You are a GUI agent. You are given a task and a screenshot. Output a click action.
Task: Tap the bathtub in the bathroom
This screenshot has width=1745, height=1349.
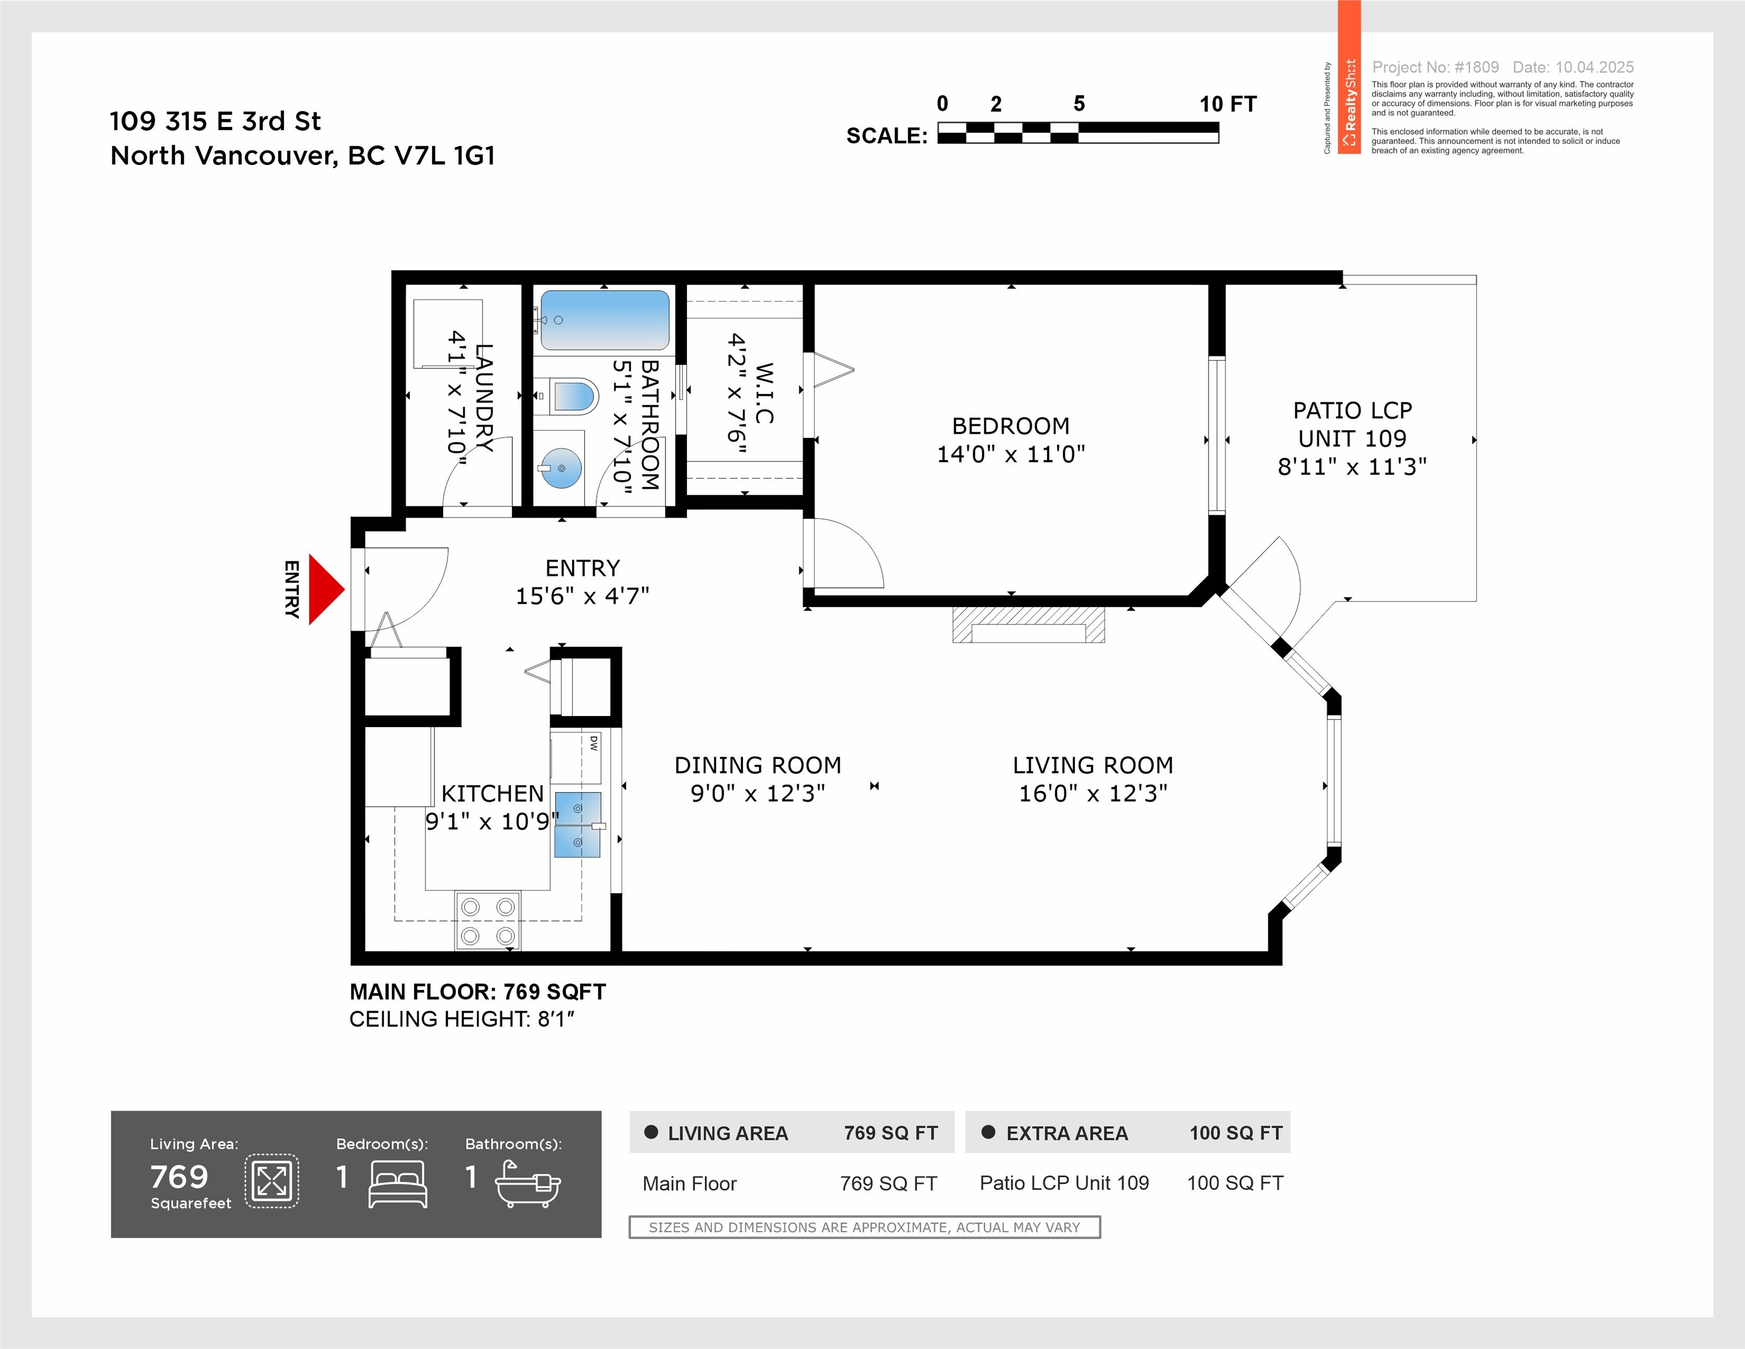point(605,320)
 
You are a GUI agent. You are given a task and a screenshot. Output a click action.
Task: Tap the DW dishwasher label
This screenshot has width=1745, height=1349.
point(594,743)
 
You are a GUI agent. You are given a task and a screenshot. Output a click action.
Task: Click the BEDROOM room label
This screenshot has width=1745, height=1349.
point(1011,426)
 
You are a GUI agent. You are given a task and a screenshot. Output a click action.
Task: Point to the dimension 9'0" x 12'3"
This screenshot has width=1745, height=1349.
point(758,793)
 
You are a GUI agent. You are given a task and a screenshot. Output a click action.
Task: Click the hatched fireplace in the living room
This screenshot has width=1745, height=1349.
point(1028,625)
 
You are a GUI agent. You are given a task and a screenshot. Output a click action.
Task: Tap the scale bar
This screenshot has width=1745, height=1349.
point(1078,132)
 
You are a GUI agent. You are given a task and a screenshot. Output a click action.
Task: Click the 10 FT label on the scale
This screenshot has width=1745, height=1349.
point(1228,104)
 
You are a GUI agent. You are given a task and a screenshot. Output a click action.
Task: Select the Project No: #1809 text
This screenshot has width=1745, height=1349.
point(1435,67)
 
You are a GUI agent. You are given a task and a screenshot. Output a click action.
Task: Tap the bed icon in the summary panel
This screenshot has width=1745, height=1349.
point(398,1184)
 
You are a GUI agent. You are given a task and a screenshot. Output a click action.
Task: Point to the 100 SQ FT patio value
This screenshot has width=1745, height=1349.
point(1235,1183)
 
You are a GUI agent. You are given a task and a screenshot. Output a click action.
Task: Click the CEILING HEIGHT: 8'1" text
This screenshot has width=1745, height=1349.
point(462,1019)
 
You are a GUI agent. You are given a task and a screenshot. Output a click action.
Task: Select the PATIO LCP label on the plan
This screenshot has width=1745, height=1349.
point(1353,410)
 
